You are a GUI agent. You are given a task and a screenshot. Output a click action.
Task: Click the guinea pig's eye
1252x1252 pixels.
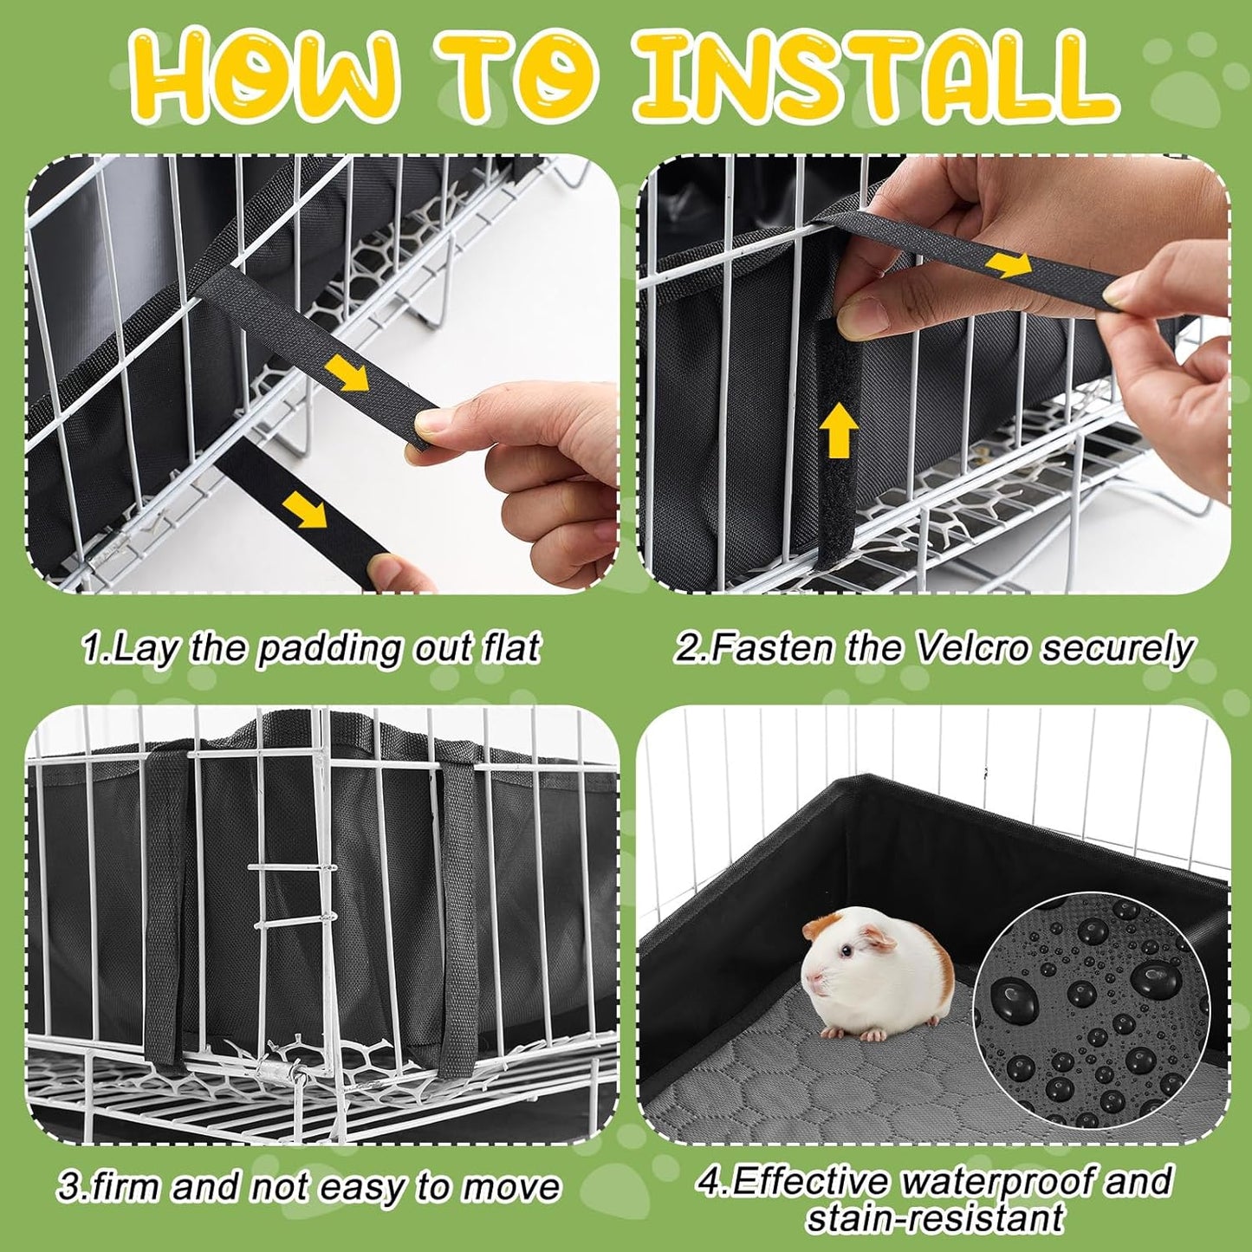pyautogui.click(x=846, y=950)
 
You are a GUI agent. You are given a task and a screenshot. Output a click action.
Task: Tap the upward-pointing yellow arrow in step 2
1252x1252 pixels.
pyautogui.click(x=838, y=431)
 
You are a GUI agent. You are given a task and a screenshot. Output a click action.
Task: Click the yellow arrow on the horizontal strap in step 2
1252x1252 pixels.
pyautogui.click(x=1009, y=264)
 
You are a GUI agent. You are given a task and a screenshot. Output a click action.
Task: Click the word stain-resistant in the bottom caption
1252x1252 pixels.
pyautogui.click(x=934, y=1218)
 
